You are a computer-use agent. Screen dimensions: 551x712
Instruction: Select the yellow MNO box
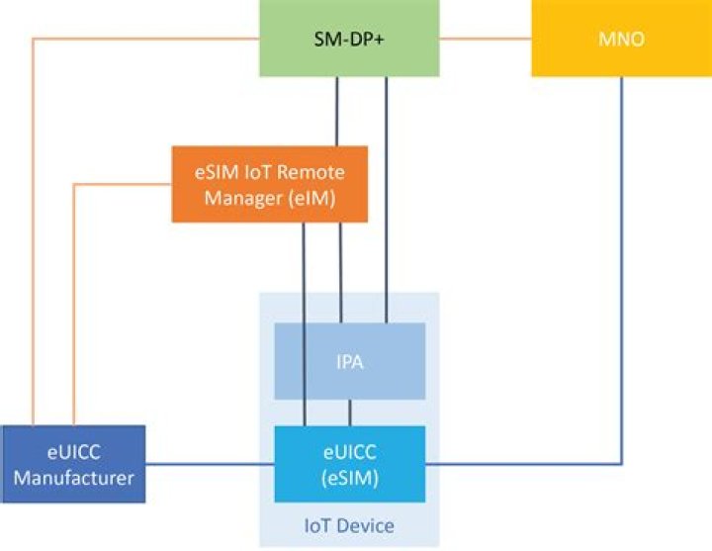click(x=621, y=39)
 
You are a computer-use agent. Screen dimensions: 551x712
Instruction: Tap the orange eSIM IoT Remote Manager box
click(x=269, y=184)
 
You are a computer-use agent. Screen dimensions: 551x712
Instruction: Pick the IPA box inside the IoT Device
click(x=349, y=361)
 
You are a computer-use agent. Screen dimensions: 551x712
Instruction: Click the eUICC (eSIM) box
click(x=349, y=463)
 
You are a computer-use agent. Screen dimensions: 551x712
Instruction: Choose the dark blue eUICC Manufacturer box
click(x=73, y=463)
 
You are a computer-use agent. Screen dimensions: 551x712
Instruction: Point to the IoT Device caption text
click(x=349, y=525)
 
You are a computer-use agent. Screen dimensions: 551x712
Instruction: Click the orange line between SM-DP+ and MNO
click(x=485, y=39)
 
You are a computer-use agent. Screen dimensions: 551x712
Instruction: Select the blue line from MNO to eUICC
click(x=622, y=297)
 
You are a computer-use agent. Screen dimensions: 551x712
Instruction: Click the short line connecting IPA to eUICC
click(x=349, y=413)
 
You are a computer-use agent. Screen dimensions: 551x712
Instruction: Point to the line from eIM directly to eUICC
click(x=303, y=326)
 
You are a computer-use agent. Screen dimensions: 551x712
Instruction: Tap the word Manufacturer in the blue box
click(x=73, y=477)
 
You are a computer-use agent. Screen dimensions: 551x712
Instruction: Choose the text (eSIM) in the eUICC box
click(x=349, y=477)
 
